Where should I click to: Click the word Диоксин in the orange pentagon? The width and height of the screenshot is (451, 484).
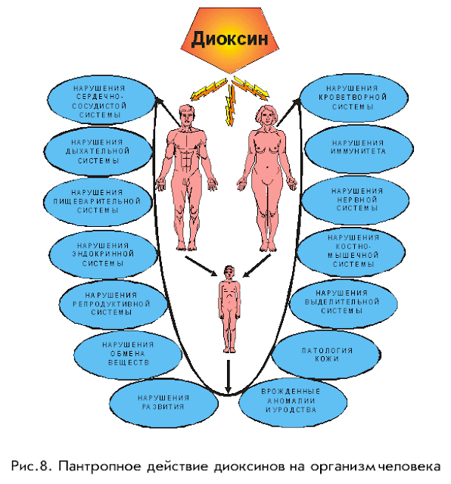[229, 39]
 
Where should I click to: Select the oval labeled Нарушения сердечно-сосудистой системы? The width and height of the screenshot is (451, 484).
[102, 101]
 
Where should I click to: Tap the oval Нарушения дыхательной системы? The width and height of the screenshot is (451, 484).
[98, 151]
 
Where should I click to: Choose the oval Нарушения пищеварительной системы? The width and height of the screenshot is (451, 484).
[98, 202]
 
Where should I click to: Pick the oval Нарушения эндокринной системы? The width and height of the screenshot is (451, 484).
[104, 254]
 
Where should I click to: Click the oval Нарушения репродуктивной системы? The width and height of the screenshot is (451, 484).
[113, 304]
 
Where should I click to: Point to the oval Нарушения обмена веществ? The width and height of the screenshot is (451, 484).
[128, 354]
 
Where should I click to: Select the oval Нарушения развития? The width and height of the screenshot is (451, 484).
[163, 403]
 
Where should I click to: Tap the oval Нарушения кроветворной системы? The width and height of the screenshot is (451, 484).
[353, 98]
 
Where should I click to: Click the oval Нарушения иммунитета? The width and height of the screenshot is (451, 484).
[359, 148]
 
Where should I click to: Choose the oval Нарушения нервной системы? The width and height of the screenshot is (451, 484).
[356, 200]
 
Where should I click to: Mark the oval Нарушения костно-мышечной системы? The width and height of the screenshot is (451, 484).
[352, 252]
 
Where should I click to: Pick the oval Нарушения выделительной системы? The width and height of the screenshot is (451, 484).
[344, 302]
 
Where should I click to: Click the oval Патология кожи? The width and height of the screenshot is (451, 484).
[326, 355]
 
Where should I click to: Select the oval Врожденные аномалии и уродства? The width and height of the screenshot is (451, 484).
[293, 401]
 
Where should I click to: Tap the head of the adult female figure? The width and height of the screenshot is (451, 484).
[266, 116]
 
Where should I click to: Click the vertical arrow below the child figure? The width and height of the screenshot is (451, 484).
[228, 376]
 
